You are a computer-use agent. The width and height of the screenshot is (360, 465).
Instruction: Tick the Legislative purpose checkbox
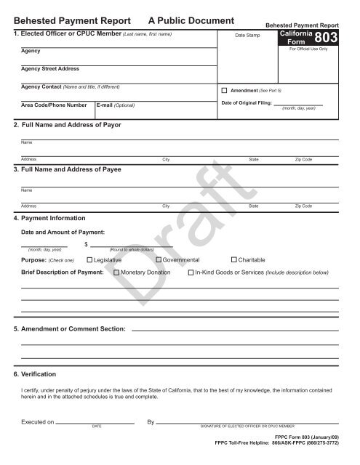(89, 259)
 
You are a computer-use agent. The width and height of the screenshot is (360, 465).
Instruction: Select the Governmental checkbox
(159, 259)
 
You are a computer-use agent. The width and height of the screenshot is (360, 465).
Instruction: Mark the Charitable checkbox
(233, 259)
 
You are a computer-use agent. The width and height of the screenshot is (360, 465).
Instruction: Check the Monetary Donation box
(116, 272)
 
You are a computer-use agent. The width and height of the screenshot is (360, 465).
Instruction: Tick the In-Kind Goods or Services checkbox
(191, 272)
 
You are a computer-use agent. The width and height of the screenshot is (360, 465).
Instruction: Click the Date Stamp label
(248, 35)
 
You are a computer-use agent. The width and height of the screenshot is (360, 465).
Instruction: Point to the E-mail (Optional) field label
(116, 105)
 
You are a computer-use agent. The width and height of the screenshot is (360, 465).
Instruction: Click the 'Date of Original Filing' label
(246, 104)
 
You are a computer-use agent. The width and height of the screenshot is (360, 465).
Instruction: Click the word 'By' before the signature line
(151, 421)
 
